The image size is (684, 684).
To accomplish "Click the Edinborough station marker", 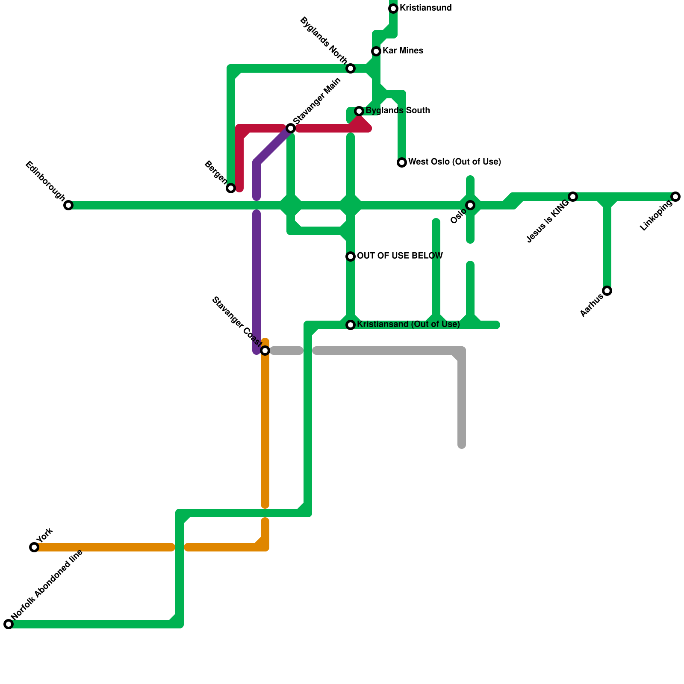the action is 68,205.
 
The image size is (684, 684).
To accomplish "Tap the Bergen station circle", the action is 231,188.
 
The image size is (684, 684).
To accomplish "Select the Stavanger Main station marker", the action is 291,128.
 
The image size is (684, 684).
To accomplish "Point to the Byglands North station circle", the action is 351,68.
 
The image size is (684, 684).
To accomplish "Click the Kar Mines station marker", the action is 376,51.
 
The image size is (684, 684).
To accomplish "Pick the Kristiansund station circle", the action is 393,9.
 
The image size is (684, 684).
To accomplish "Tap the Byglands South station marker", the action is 359,111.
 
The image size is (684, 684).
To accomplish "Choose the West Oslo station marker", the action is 402,162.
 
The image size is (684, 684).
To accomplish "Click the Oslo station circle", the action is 470,205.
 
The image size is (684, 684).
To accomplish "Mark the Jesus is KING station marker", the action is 573,197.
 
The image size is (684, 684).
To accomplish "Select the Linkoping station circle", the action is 675,197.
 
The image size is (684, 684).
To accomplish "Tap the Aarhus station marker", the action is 607,291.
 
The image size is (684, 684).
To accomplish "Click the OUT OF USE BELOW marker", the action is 351,256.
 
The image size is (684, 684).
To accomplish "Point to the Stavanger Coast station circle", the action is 265,351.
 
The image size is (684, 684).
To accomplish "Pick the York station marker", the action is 34,547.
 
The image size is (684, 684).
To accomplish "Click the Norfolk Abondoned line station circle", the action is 9,624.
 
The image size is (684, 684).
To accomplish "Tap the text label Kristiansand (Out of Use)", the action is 408,324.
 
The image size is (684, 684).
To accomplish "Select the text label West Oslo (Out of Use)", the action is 454,162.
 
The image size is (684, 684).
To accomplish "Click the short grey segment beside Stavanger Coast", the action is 286,351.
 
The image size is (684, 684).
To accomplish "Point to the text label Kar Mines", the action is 403,51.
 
